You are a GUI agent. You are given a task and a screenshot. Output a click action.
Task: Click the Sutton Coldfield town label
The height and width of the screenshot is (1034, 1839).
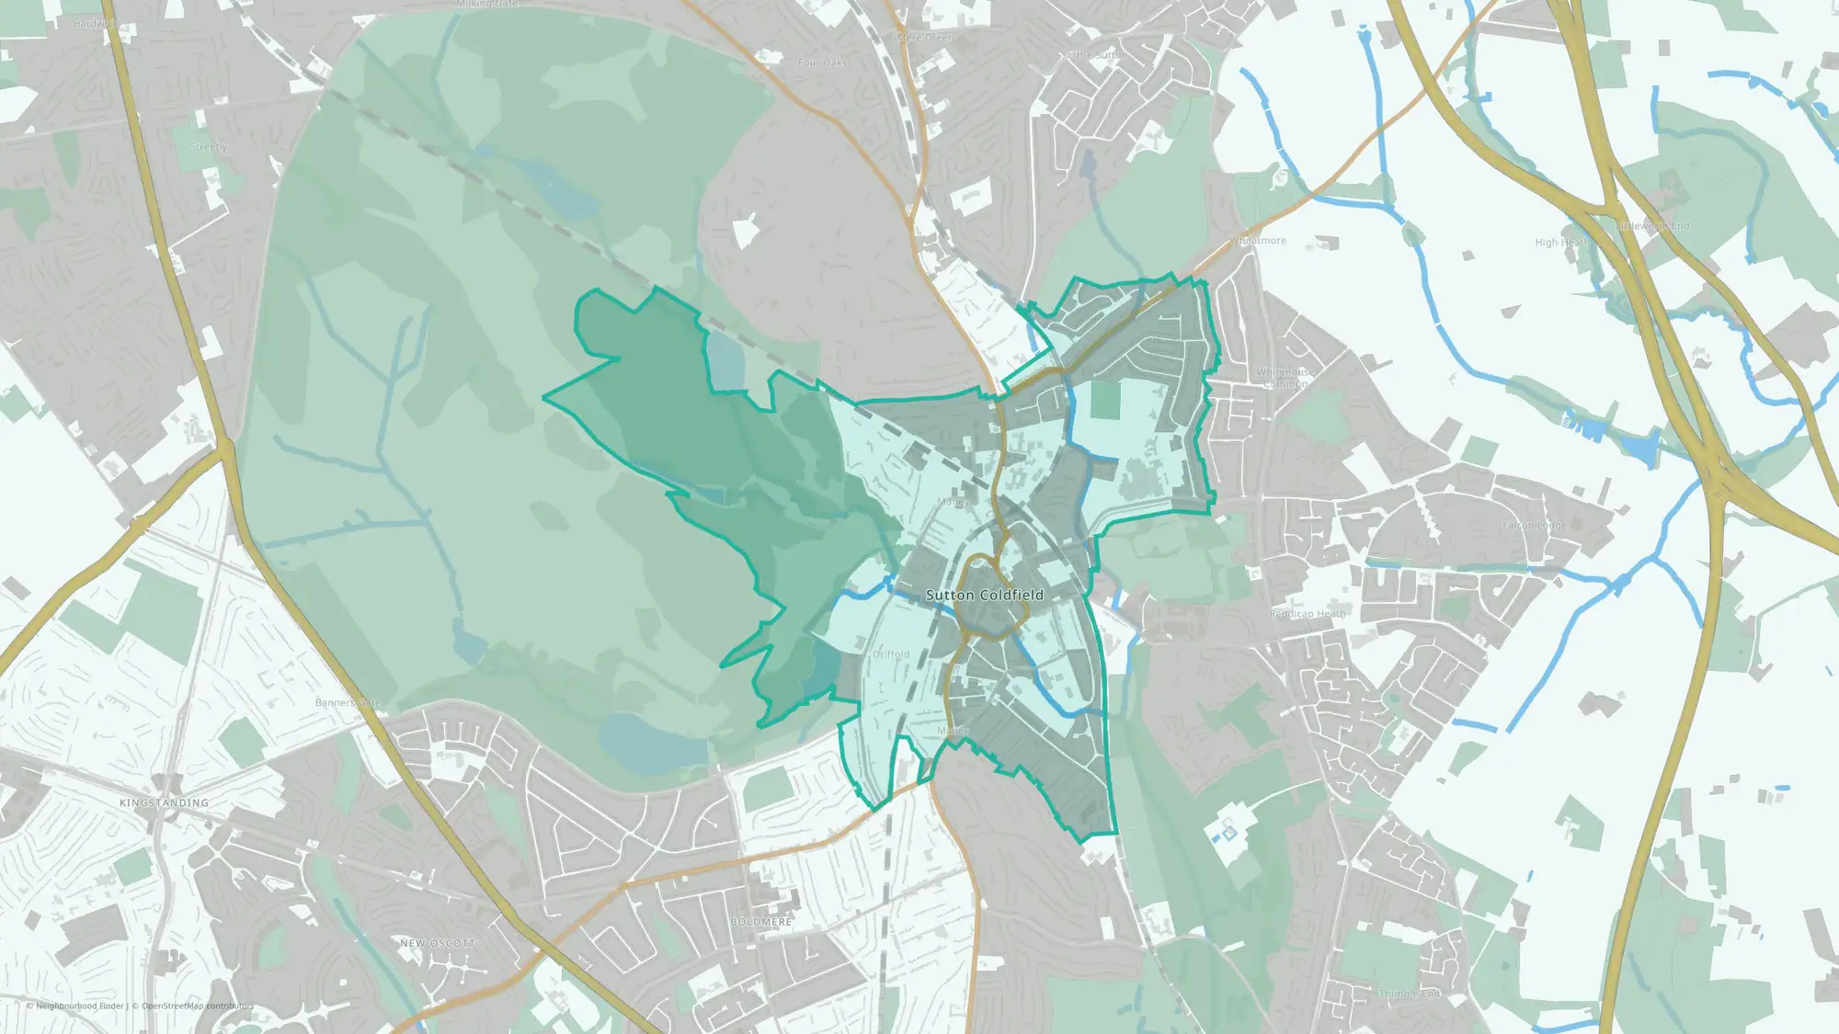(984, 595)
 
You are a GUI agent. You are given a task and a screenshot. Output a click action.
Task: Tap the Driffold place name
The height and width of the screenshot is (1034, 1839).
(890, 654)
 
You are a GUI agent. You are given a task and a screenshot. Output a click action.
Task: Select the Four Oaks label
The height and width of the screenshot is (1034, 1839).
(822, 62)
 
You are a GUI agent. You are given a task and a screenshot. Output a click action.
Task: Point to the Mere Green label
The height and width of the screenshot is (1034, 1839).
(925, 38)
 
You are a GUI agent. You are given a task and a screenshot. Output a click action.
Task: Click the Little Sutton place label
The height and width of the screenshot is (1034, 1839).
(1096, 55)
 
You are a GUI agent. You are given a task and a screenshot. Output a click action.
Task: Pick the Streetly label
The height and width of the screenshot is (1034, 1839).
(209, 147)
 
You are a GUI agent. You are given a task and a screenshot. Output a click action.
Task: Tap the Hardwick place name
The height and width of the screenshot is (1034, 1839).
(94, 24)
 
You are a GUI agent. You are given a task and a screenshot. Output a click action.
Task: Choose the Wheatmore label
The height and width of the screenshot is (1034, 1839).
(1258, 241)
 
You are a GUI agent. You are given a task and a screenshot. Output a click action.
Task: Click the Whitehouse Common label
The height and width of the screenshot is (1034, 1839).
(1285, 378)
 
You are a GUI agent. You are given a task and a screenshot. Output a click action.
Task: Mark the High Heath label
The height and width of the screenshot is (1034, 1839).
(1561, 243)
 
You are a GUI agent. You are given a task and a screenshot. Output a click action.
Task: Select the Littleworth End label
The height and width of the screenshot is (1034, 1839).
(1653, 226)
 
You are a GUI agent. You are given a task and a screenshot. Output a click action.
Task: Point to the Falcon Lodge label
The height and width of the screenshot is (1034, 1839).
(1534, 526)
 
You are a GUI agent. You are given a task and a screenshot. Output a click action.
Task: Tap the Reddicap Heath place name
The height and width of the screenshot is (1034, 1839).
(1307, 614)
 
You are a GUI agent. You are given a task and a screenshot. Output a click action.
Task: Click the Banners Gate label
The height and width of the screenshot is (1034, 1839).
(348, 703)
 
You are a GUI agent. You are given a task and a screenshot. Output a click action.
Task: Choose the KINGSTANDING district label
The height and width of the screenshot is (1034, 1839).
(164, 803)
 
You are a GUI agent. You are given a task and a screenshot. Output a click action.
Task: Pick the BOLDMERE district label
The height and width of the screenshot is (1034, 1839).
(760, 922)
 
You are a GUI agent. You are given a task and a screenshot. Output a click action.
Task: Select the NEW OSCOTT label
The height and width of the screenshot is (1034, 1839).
(438, 943)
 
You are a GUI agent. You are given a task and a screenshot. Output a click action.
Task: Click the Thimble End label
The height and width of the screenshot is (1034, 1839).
(1410, 994)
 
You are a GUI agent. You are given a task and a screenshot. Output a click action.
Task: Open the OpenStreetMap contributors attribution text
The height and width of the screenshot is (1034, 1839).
(197, 1006)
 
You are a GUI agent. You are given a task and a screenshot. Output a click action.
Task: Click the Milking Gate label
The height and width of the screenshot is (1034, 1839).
(487, 5)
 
